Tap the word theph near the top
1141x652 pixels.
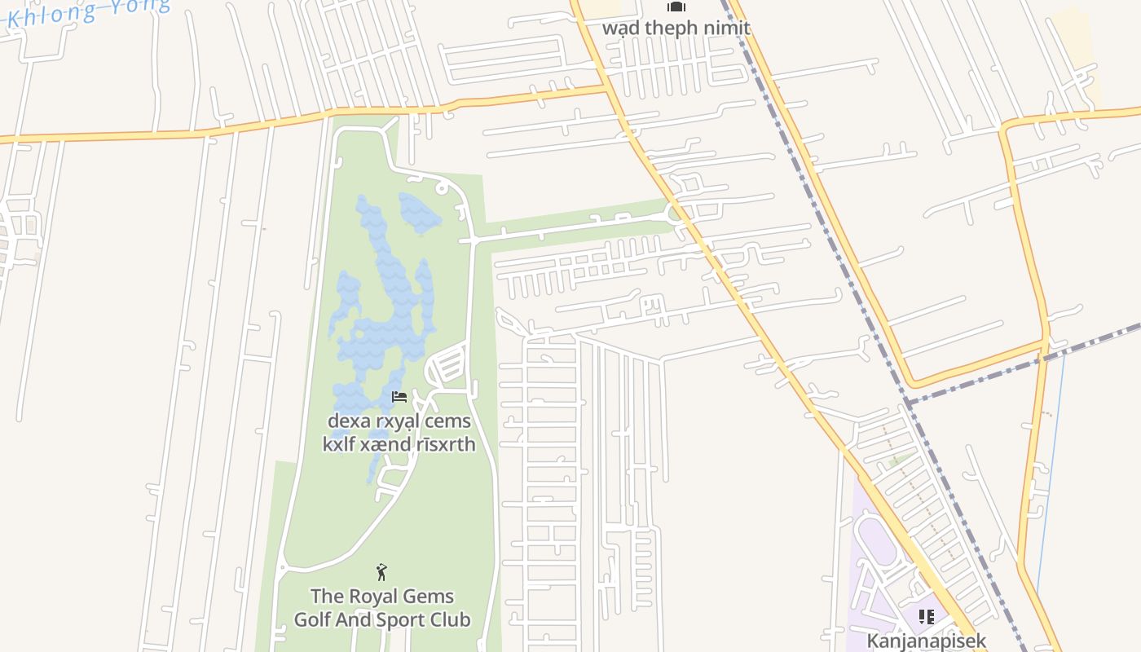tap(672, 28)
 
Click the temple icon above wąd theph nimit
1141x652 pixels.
tap(676, 7)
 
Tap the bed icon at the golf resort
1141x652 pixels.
tap(399, 397)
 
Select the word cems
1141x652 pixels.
tap(452, 421)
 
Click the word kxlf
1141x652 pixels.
tap(341, 444)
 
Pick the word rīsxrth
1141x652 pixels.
tap(441, 444)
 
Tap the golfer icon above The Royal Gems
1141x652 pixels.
tap(381, 572)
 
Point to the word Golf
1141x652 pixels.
tap(311, 619)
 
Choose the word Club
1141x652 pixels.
tap(452, 619)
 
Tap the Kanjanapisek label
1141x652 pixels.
tap(927, 641)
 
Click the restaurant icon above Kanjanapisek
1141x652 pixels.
tap(927, 617)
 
